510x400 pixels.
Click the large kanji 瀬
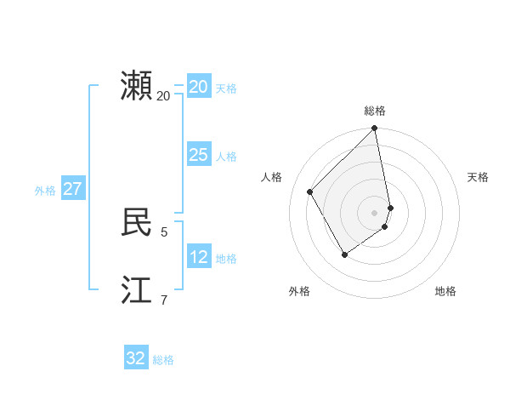point(136,86)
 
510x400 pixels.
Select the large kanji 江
point(136,289)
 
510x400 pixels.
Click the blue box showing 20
point(198,87)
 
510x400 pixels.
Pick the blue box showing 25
point(198,155)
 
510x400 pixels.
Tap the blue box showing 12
point(198,257)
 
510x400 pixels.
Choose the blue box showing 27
point(72,189)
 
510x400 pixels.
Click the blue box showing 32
point(136,358)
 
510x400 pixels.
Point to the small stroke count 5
point(164,231)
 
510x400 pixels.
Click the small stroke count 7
point(164,300)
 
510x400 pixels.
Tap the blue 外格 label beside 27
point(45,191)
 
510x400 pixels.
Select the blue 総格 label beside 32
point(163,360)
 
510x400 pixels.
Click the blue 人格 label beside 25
point(226,157)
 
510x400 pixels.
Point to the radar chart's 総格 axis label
point(375,111)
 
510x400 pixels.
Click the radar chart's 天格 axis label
point(478,177)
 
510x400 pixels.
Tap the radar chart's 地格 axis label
point(445,291)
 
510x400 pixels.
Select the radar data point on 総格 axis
point(375,129)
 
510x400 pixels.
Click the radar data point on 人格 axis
point(310,191)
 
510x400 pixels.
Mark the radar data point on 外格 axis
point(344,254)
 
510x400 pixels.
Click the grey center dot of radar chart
point(375,212)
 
